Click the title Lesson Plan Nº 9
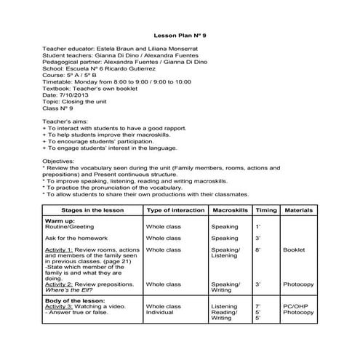click(x=180, y=35)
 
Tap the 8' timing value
click(x=259, y=249)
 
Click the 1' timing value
click(x=259, y=226)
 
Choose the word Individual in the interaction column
click(x=161, y=313)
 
